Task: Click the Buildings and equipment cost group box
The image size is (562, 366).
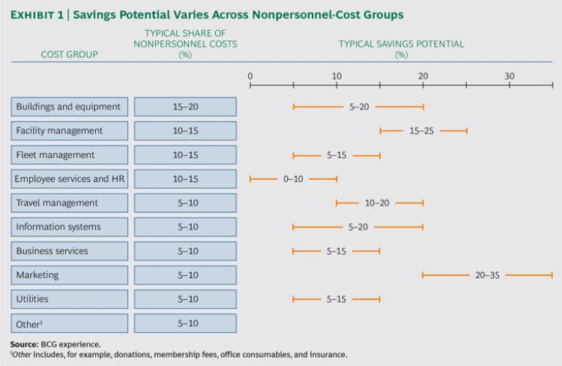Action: [70, 107]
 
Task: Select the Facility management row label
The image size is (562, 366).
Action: [70, 131]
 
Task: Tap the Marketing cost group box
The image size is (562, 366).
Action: [70, 275]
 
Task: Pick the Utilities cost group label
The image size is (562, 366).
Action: [70, 299]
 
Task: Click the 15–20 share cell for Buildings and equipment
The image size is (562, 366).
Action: [185, 107]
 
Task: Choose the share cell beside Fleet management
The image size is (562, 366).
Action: [185, 155]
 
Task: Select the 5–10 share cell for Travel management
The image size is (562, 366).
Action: [185, 203]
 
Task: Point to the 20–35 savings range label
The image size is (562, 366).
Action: [486, 275]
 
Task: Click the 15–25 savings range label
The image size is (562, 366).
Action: [421, 131]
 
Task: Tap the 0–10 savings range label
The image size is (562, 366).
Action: [293, 179]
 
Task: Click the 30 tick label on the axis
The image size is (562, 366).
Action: [509, 76]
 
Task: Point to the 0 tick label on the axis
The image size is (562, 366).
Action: [250, 76]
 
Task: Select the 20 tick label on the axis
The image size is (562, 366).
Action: [423, 76]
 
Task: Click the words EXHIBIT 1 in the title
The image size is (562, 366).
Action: [39, 15]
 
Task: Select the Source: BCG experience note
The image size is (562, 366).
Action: [56, 343]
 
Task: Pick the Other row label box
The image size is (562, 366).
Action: [70, 323]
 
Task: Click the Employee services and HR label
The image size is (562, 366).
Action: [70, 179]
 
